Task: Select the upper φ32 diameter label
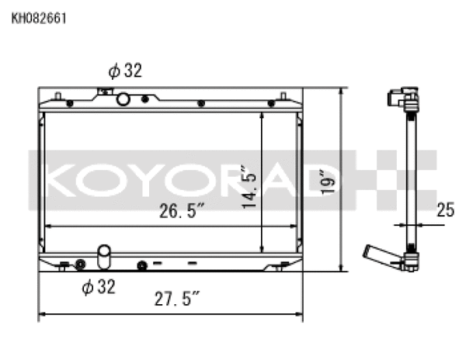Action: pos(125,71)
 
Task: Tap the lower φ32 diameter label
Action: pos(99,287)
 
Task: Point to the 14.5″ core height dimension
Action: pos(247,185)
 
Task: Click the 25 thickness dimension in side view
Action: pos(444,209)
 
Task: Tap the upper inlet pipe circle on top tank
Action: pos(123,99)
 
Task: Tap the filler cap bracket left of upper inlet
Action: pos(101,92)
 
